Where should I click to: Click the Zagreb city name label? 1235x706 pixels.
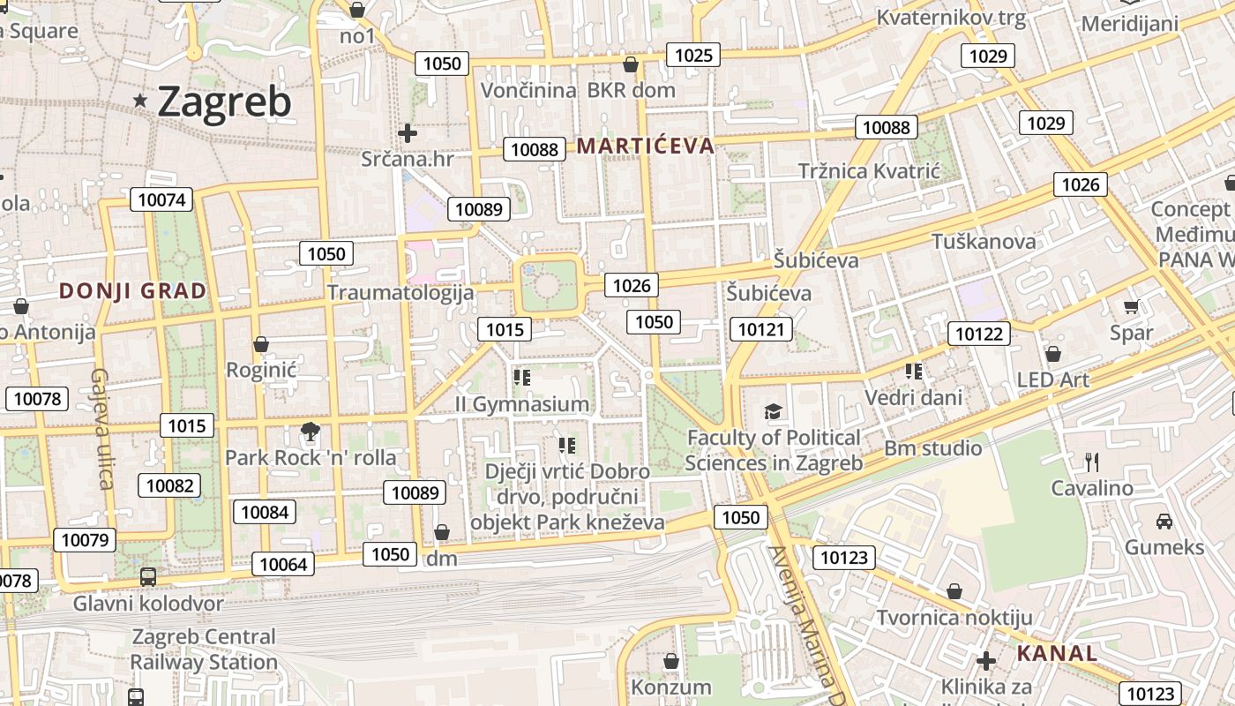point(224,102)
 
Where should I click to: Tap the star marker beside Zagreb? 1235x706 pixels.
point(140,101)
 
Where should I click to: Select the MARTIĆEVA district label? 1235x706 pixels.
point(645,146)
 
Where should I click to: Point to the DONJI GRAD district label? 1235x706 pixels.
point(132,291)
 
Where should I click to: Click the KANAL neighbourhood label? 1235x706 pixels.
point(1057,654)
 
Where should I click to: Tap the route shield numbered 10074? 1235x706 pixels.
point(162,199)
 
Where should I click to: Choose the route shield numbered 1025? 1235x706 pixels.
point(692,56)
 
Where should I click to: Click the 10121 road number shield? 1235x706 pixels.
point(761,329)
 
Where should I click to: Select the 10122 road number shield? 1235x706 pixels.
point(979,333)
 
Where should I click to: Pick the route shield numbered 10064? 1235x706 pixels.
point(283,564)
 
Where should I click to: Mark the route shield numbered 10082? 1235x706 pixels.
point(169,484)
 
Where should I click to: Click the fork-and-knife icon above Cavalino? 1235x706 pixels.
point(1092,462)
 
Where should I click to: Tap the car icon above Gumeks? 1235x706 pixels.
point(1164,521)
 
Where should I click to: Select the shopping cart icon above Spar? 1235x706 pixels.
point(1132,306)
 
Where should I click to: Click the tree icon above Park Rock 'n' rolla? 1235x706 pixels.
point(310,432)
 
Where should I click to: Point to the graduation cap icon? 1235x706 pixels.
point(773,411)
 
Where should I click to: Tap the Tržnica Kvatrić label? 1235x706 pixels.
point(869,171)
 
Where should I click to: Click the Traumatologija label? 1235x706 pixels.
point(400,292)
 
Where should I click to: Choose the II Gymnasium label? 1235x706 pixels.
point(522,404)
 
